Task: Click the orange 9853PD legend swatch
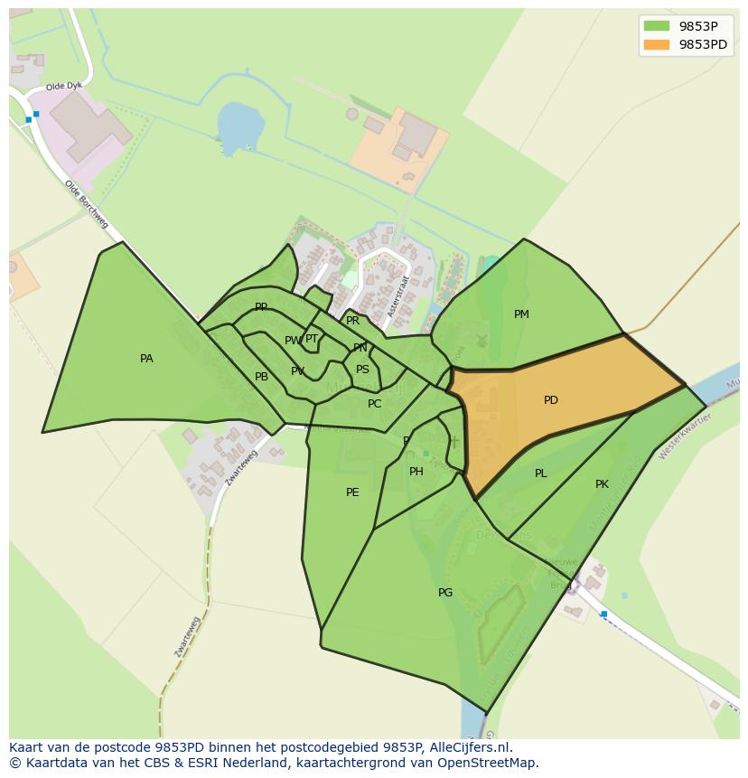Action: click(657, 44)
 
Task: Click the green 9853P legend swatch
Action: click(657, 26)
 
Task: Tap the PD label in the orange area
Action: click(551, 400)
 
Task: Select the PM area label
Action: click(521, 314)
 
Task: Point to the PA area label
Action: click(146, 359)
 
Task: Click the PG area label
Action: click(445, 593)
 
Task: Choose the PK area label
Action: click(602, 484)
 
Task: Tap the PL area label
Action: click(540, 473)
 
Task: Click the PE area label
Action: click(352, 492)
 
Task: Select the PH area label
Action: click(416, 472)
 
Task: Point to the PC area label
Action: click(375, 404)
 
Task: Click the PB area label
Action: click(261, 377)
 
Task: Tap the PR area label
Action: click(353, 321)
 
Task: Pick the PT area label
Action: click(312, 339)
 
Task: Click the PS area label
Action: click(362, 370)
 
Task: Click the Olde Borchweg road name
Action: click(86, 203)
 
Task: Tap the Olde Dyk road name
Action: click(63, 88)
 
